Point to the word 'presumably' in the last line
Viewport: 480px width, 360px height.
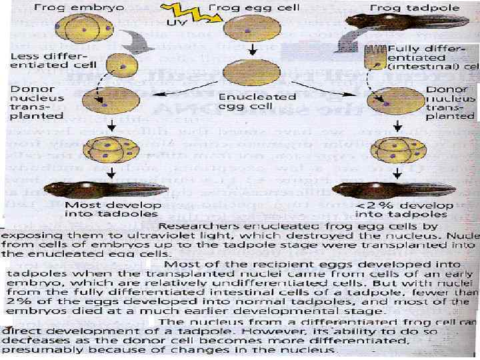tap(36, 349)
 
